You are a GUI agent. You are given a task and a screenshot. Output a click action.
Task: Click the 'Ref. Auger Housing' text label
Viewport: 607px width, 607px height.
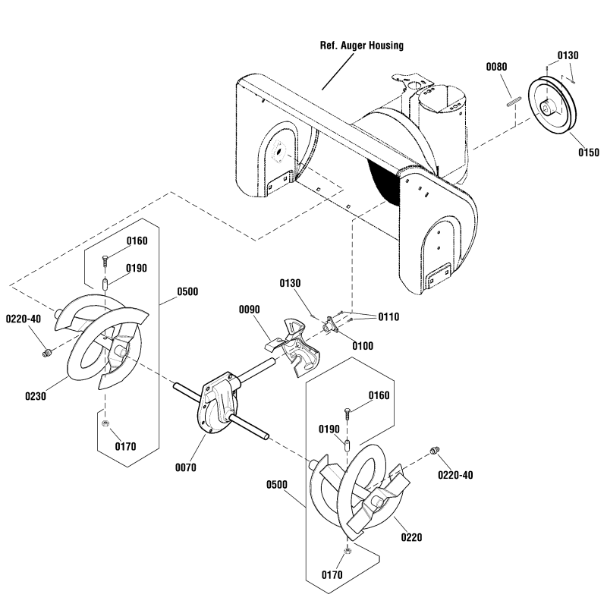point(360,46)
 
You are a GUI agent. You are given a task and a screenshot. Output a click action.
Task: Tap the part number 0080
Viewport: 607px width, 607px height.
point(497,68)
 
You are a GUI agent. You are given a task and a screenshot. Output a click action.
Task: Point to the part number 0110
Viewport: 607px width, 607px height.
point(388,316)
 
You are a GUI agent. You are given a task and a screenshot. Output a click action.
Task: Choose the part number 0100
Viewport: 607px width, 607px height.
point(363,346)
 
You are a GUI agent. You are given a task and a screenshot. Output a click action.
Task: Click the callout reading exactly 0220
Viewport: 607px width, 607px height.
point(411,537)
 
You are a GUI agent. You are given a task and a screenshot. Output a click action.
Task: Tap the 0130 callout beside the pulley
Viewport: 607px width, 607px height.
point(568,56)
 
